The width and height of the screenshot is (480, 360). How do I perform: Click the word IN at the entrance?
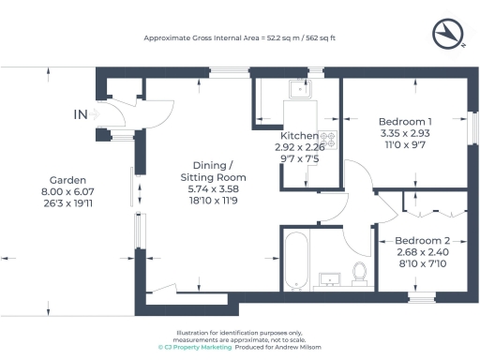[x=82, y=115]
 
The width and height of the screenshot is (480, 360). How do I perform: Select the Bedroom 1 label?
[x=404, y=122]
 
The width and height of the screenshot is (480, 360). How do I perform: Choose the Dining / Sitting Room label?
[x=210, y=169]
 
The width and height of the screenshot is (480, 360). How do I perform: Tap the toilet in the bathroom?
[x=358, y=272]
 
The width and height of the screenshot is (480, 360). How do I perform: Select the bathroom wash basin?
[x=330, y=278]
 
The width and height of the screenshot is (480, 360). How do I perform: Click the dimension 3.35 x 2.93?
[x=404, y=134]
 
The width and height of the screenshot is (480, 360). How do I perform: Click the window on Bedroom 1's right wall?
[x=471, y=127]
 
